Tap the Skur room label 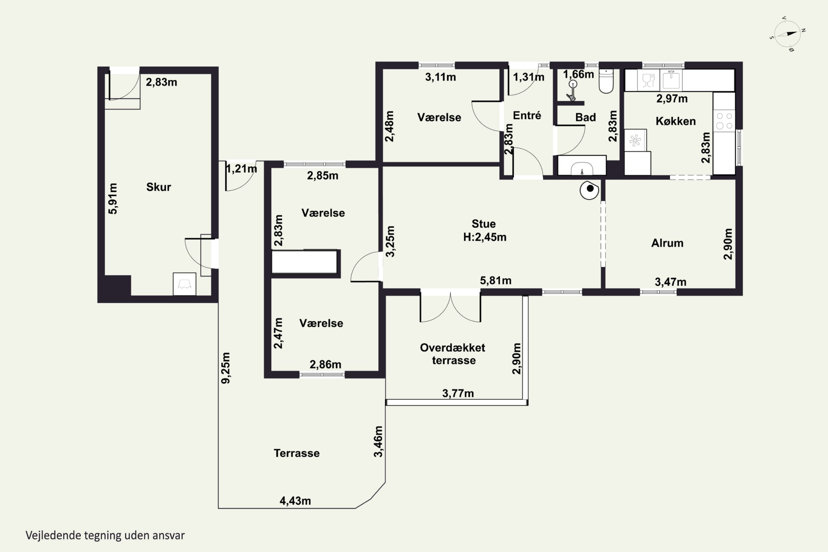click(x=158, y=187)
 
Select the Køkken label click(x=676, y=121)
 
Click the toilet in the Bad click(x=606, y=81)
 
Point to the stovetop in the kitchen click(x=724, y=121)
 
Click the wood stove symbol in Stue click(x=589, y=190)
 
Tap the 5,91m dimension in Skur click(x=113, y=198)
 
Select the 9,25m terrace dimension click(x=226, y=368)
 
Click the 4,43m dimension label click(x=295, y=501)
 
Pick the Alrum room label click(x=667, y=243)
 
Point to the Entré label click(x=527, y=115)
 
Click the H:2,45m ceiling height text click(x=485, y=237)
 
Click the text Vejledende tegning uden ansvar click(x=105, y=535)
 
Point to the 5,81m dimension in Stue click(x=496, y=281)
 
